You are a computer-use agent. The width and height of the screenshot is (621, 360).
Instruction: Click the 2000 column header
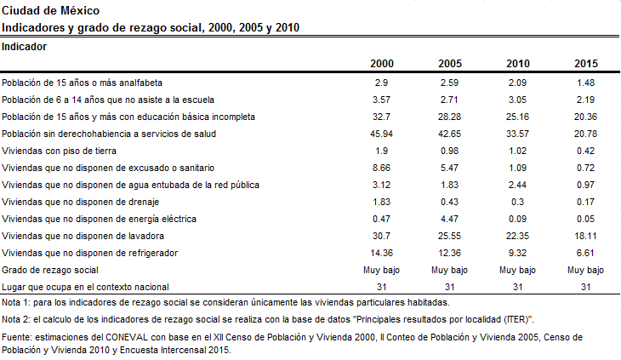(382, 64)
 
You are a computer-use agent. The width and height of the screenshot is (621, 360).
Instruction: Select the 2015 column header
(586, 64)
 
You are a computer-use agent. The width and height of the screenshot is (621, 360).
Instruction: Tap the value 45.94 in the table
(381, 134)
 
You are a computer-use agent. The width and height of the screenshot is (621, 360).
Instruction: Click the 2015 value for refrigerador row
(585, 253)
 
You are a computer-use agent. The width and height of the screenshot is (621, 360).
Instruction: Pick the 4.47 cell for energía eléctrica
(449, 219)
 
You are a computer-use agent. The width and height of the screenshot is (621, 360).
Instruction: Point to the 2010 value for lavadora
(517, 236)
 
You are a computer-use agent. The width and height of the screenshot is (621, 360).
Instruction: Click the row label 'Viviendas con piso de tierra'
(59, 151)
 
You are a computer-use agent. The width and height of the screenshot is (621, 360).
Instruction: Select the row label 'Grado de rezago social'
(50, 270)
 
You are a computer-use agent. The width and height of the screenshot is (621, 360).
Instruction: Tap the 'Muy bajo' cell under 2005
(449, 270)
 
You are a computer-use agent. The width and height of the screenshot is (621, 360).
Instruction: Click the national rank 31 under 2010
(517, 287)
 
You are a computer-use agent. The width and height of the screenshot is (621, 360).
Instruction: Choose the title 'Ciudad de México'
(51, 11)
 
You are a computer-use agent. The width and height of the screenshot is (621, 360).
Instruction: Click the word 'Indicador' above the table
(24, 47)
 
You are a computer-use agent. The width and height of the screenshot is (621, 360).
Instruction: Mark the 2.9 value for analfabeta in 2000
(381, 83)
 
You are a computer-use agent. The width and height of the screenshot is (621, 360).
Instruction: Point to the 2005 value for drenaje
(449, 202)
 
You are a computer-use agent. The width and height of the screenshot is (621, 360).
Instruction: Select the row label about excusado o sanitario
(108, 168)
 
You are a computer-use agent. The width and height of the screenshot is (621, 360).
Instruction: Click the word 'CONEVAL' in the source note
(127, 337)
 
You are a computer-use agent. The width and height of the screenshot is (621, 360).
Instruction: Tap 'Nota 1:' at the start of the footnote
(16, 303)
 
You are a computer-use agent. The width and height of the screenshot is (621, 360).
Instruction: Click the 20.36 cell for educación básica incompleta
(585, 117)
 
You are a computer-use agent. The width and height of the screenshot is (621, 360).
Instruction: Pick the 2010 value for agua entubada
(517, 185)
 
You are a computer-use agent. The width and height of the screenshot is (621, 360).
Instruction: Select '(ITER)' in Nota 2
(518, 320)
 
